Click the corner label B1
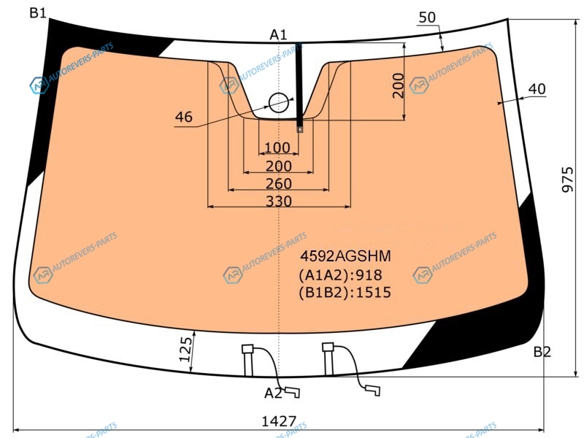click(x=38, y=13)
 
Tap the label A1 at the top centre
click(x=278, y=35)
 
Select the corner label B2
click(x=542, y=352)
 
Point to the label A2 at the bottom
click(x=273, y=393)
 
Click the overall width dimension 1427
click(x=279, y=421)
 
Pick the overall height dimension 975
click(x=568, y=180)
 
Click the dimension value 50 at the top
click(x=427, y=18)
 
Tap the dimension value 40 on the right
click(x=537, y=89)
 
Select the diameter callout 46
click(x=184, y=117)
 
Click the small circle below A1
click(x=279, y=103)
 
